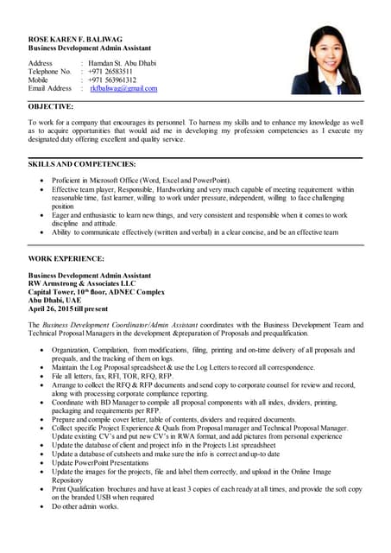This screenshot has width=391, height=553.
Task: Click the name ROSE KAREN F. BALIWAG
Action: [76, 40]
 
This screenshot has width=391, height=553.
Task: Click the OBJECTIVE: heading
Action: [51, 106]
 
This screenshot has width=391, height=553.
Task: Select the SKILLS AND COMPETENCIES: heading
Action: [82, 163]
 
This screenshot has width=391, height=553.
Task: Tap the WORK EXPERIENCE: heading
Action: [66, 258]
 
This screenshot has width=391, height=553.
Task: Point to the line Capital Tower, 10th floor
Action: [96, 292]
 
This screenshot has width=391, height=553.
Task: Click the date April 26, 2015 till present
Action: [68, 308]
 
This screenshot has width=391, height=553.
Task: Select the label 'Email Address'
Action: [50, 88]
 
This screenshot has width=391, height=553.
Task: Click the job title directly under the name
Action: [91, 48]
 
